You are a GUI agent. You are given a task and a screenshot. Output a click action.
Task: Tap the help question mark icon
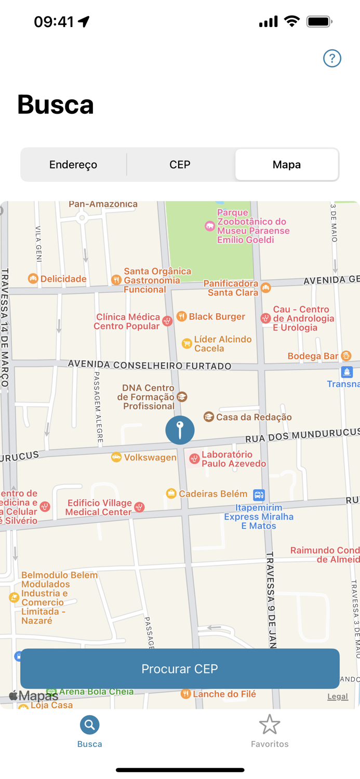click(332, 58)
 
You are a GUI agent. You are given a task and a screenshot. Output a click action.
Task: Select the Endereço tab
click(73, 165)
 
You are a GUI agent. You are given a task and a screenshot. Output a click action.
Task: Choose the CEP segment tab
click(180, 165)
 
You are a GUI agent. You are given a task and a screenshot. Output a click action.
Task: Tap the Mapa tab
click(287, 165)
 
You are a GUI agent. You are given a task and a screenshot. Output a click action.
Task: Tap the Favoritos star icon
click(270, 725)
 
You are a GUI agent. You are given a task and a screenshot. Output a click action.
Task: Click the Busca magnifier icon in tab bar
click(89, 725)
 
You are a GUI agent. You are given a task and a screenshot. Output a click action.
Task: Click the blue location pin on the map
click(180, 430)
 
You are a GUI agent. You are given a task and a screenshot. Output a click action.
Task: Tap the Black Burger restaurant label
click(217, 317)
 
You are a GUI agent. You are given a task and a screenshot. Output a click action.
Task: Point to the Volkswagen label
click(150, 458)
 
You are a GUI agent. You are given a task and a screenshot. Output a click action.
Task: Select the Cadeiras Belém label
click(213, 494)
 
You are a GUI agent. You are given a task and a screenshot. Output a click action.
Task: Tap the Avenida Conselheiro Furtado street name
click(150, 365)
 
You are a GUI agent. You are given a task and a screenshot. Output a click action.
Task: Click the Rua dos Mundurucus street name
click(301, 436)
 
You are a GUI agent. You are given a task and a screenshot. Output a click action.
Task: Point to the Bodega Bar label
click(313, 356)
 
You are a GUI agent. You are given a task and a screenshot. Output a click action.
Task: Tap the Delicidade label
click(63, 279)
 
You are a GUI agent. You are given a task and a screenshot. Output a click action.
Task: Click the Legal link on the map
click(338, 696)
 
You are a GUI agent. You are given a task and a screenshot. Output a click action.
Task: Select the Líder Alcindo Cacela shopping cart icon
click(186, 344)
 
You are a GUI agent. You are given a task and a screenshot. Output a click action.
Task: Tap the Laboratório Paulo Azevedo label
click(234, 459)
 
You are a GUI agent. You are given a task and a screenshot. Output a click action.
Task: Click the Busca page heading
click(56, 104)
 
